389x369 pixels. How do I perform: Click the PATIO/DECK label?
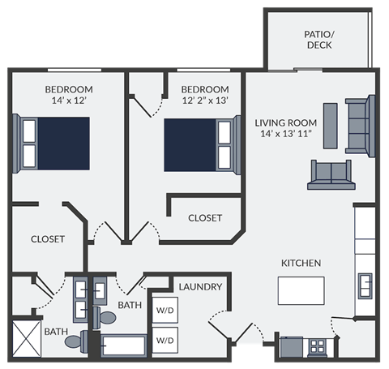318,40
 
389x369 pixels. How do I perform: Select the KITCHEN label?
301,263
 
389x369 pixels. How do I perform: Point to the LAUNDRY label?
200,287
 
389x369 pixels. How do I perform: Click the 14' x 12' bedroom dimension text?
68,101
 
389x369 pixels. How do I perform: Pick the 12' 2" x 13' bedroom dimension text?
206,101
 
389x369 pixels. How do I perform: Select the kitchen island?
301,290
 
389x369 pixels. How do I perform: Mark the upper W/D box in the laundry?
165,311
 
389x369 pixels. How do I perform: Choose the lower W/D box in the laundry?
165,340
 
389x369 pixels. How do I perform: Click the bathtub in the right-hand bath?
123,345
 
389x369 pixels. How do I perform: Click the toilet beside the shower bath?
75,341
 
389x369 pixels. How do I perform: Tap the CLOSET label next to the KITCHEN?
205,217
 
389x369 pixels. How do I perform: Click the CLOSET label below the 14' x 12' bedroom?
47,239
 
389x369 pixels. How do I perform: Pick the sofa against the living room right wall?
361,125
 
